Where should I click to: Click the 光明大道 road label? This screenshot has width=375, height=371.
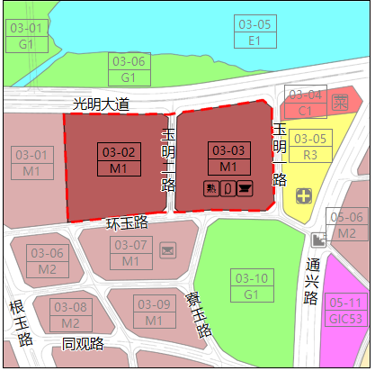pos(101,105)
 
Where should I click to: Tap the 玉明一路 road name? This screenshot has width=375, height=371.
pos(167,159)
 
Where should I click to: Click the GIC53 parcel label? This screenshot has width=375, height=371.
pos(345,311)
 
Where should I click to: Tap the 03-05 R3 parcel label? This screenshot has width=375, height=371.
pos(311,147)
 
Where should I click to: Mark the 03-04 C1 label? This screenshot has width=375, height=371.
pos(305,103)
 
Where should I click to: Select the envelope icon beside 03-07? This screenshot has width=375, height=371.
pos(167,249)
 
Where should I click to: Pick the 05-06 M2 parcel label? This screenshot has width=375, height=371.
pos(347,225)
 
